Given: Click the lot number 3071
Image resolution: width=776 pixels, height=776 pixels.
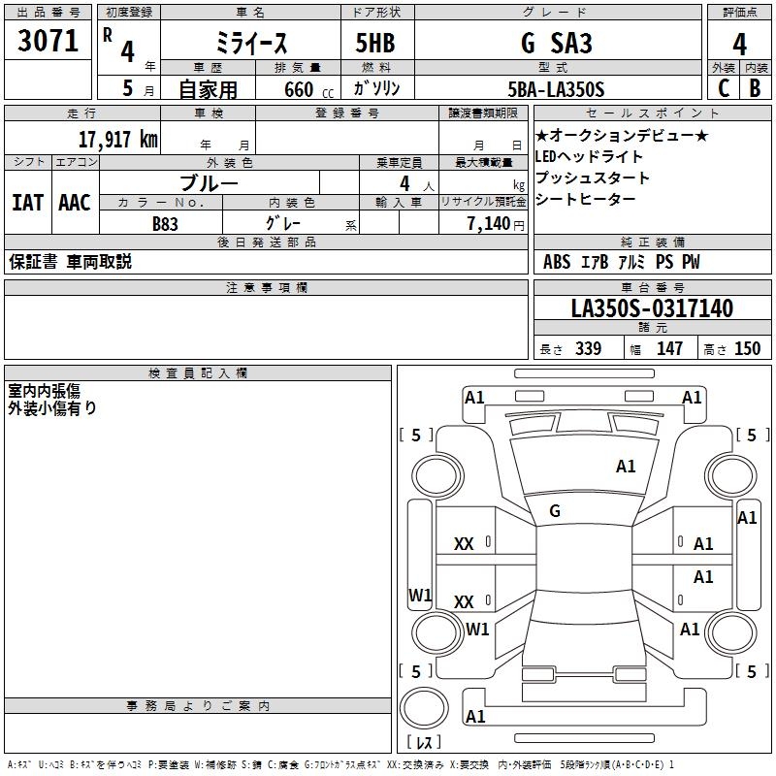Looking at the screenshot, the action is click(48, 41).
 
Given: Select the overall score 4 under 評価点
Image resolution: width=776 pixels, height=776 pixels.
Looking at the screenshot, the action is click(739, 45).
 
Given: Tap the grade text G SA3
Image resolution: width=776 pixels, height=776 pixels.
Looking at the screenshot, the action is click(557, 43).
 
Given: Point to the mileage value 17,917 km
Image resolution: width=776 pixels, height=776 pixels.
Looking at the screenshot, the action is click(117, 140).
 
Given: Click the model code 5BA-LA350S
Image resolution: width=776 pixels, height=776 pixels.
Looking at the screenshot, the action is click(556, 89).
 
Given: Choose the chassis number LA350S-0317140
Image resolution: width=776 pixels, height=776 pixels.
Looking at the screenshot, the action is click(652, 308).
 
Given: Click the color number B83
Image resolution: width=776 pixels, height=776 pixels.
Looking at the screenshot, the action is click(165, 224).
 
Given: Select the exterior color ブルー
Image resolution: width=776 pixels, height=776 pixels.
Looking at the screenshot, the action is click(209, 183).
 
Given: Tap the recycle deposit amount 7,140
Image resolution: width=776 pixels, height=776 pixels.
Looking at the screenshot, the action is click(489, 224).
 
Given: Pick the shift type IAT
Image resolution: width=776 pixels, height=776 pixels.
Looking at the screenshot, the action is click(27, 203).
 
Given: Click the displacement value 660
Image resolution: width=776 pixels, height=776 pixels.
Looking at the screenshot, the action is click(299, 89).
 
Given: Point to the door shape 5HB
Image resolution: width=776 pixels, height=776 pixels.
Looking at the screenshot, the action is click(375, 43).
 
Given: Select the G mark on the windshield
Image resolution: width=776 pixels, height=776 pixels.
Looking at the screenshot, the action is click(555, 511).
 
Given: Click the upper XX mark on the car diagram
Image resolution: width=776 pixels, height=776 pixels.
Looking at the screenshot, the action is click(464, 544).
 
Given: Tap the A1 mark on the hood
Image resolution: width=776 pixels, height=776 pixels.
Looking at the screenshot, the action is click(626, 467).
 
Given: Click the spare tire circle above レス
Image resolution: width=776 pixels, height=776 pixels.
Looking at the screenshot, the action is click(424, 708).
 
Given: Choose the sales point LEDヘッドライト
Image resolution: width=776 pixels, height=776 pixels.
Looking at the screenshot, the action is click(589, 157).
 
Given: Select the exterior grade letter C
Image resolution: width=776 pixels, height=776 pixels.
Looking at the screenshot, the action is click(724, 88).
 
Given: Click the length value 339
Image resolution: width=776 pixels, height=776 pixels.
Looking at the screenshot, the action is click(589, 348).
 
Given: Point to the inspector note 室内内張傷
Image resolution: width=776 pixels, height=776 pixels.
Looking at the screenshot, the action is click(44, 391).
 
